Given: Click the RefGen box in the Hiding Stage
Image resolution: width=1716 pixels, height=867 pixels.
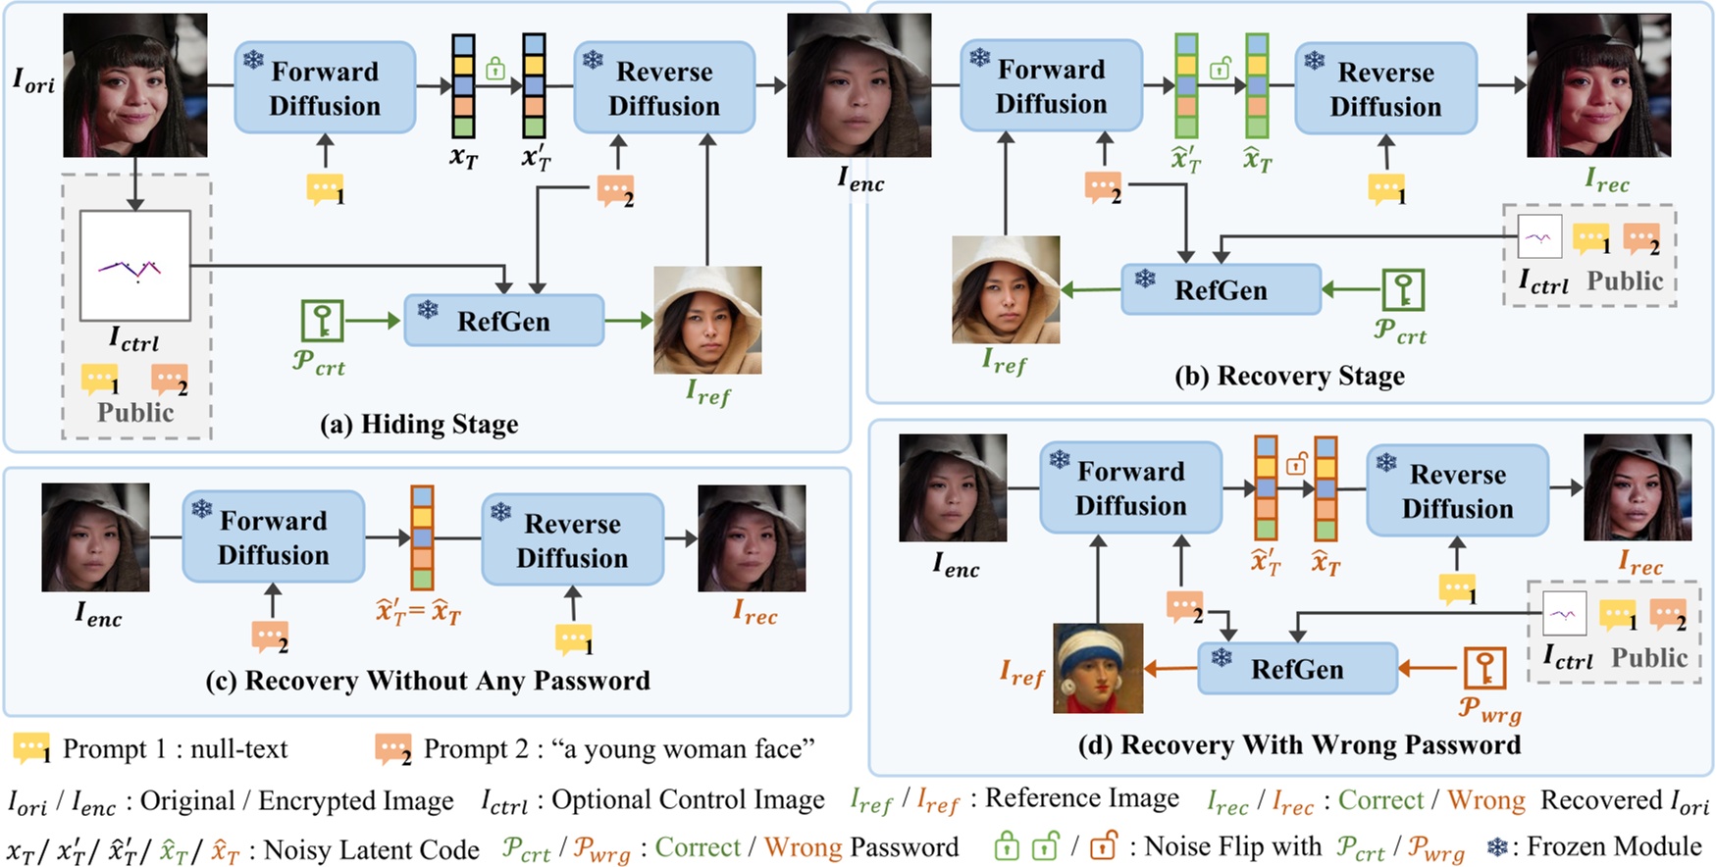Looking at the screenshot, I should tap(503, 321).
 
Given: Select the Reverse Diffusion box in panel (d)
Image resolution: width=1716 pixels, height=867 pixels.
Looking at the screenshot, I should tap(1457, 490).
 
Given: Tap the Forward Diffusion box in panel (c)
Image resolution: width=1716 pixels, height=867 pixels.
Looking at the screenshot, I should tap(273, 537).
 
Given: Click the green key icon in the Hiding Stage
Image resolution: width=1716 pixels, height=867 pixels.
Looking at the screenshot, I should tap(322, 321).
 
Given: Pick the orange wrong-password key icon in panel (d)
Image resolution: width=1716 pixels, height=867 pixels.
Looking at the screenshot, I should tap(1484, 668).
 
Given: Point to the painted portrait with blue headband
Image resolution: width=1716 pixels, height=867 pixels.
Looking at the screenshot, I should tap(1098, 668).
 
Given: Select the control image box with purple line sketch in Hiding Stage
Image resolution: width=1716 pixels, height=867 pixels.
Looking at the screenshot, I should tap(134, 266).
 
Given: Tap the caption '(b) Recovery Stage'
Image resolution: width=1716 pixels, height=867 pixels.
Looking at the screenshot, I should tap(1289, 377).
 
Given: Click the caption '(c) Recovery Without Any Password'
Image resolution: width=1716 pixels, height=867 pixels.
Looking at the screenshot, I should tap(428, 681).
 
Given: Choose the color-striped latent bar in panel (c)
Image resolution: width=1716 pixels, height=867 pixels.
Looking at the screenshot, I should tap(422, 536).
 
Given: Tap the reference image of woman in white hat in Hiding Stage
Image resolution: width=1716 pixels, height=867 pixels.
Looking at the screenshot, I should tap(707, 320).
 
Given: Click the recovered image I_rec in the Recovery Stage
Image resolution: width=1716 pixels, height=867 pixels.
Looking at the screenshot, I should tap(1598, 85).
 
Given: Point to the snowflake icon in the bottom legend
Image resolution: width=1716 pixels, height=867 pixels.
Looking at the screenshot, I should tap(1497, 846).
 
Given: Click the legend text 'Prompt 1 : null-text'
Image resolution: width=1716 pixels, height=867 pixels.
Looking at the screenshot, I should tap(175, 749).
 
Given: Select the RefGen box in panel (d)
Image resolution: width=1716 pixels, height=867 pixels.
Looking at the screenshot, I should tap(1297, 669).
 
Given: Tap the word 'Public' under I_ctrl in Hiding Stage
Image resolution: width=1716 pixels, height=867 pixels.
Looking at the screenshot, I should tap(135, 413).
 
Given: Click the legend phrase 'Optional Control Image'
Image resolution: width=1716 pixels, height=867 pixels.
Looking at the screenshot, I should tap(688, 800).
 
